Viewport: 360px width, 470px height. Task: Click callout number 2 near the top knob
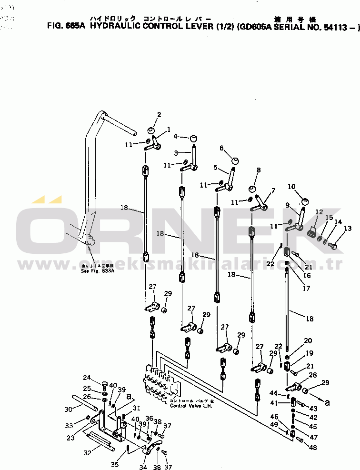click(x=159, y=115)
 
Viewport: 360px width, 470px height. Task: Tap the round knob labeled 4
click(x=194, y=138)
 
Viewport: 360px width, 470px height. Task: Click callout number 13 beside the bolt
click(x=348, y=229)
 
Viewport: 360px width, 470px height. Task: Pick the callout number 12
click(x=319, y=212)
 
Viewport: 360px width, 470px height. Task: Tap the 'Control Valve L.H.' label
click(x=191, y=406)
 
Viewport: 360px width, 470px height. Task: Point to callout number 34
click(x=143, y=467)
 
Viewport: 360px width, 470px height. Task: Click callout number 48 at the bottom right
click(x=312, y=448)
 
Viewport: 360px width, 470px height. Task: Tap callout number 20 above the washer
click(x=308, y=340)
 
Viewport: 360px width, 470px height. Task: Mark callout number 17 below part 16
click(x=306, y=288)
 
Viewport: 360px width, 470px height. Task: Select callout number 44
click(x=273, y=393)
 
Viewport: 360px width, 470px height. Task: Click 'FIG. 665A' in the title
click(x=66, y=27)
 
